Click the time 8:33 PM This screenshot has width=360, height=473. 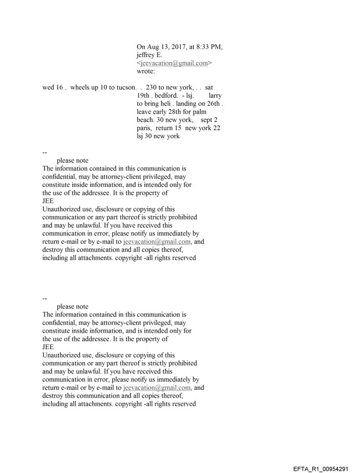(208, 47)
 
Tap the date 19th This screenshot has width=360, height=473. (143, 96)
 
